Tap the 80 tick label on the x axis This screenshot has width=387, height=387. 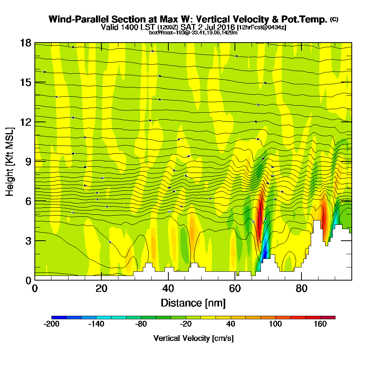(301, 289)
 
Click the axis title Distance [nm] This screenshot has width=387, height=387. (193, 303)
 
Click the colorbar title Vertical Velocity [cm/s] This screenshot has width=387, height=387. (193, 338)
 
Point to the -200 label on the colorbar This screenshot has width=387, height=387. (51, 324)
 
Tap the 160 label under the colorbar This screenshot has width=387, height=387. (320, 324)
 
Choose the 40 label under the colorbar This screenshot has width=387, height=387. (231, 324)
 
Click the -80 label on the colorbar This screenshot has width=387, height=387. (141, 324)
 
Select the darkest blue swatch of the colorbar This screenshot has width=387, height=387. (59, 317)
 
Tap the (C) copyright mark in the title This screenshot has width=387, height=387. (334, 19)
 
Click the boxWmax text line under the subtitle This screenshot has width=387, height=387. (193, 33)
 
